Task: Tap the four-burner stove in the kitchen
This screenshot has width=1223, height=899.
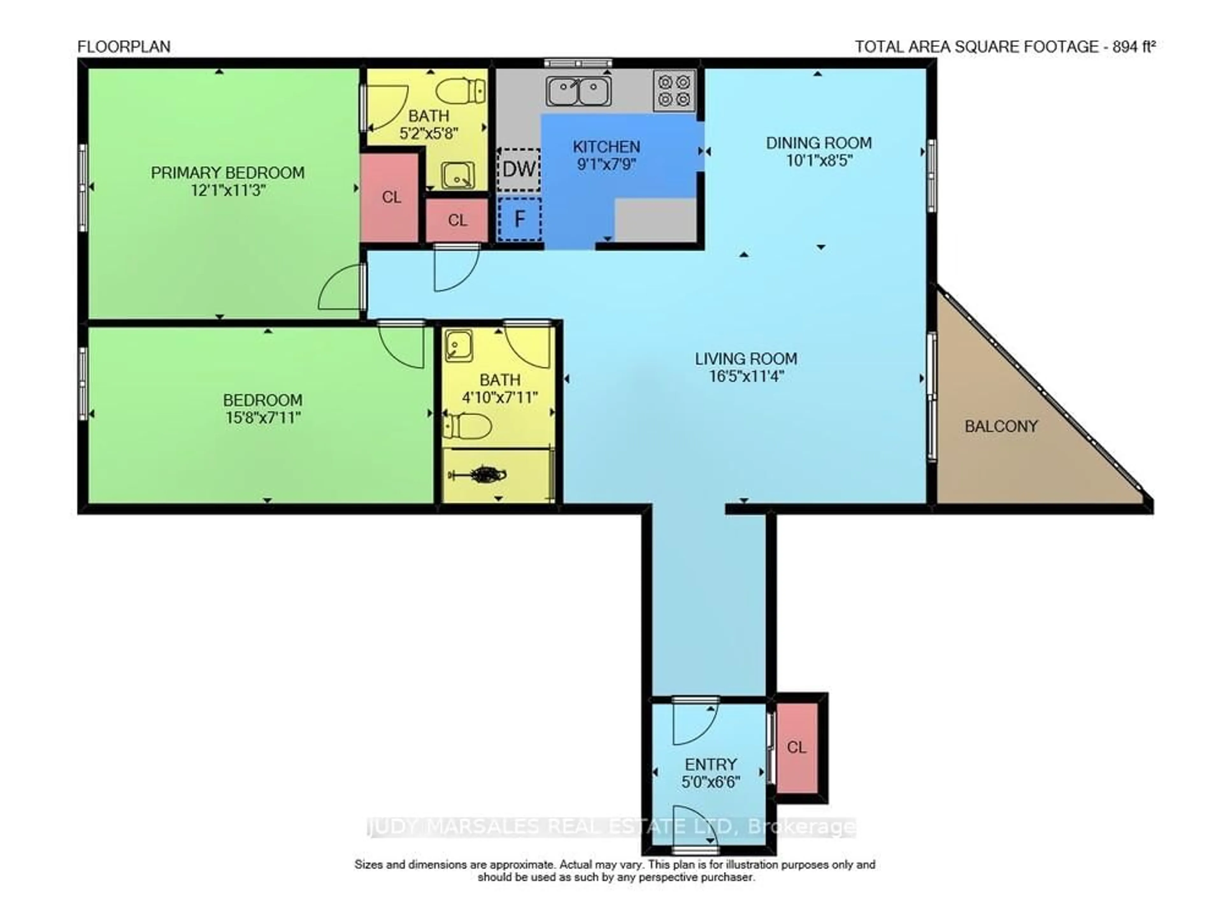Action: [x=674, y=90]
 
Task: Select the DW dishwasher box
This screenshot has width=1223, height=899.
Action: [x=519, y=169]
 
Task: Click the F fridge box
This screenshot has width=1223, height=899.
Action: [x=519, y=219]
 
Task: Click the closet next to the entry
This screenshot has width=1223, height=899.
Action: [x=796, y=747]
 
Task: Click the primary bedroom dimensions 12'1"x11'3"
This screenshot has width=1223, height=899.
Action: [x=228, y=191]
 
